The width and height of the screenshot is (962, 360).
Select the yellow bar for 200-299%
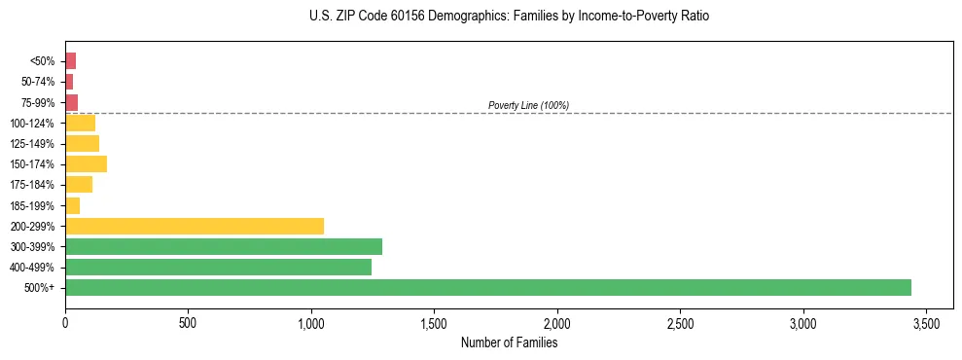tap(195, 226)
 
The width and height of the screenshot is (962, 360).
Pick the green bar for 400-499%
tap(218, 267)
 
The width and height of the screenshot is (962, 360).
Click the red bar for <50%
tap(70, 61)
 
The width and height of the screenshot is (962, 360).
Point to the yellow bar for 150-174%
tap(86, 163)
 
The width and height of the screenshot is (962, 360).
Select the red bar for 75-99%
tap(71, 102)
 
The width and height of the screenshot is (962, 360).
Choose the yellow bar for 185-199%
tap(72, 205)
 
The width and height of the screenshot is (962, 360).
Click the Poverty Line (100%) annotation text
tap(528, 105)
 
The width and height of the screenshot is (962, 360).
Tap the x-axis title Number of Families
tap(509, 342)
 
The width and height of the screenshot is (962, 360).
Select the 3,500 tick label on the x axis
tap(926, 322)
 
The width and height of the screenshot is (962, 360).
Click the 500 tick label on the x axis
tap(188, 322)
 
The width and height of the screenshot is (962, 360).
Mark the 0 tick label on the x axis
tap(65, 322)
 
